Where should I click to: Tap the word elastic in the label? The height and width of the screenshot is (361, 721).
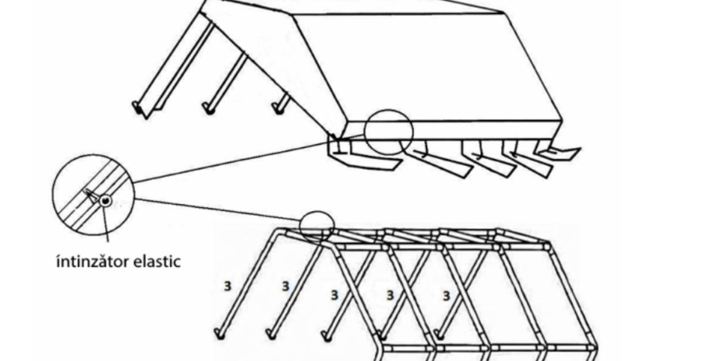(x=157, y=261)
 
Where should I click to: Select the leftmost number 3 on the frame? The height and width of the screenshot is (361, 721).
(x=228, y=286)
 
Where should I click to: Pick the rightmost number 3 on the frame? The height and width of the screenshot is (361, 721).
(x=446, y=296)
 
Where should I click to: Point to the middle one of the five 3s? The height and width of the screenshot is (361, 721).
(x=335, y=295)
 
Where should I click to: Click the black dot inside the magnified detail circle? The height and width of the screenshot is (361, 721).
(x=105, y=201)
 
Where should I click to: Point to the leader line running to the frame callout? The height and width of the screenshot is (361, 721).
(x=217, y=210)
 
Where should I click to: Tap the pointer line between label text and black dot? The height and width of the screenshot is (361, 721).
(x=105, y=223)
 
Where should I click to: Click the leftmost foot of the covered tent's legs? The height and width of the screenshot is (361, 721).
(x=138, y=109)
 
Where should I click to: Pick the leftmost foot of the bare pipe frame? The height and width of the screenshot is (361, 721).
(x=220, y=334)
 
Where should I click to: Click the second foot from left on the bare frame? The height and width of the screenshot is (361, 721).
(x=272, y=334)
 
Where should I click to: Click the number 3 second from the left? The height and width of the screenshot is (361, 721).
(x=286, y=286)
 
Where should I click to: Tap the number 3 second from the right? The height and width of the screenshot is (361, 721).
(x=390, y=295)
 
